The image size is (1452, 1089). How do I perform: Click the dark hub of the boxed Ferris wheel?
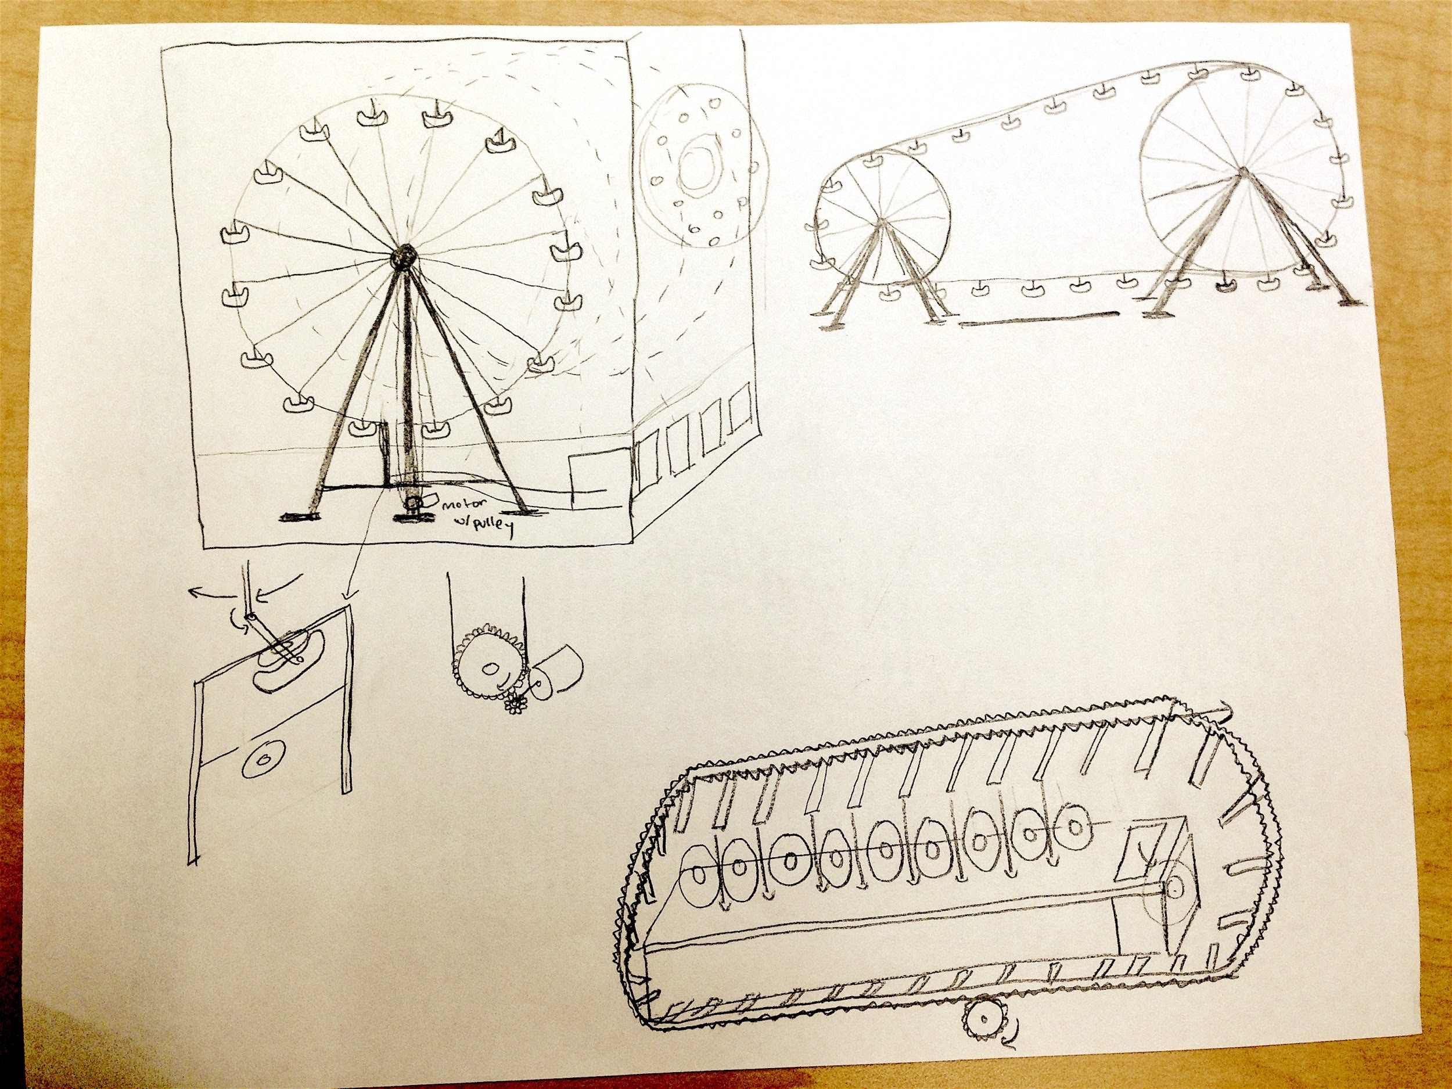[402, 257]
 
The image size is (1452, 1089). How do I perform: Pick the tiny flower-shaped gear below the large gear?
[515, 706]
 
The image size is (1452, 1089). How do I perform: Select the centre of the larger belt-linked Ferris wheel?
[1241, 172]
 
